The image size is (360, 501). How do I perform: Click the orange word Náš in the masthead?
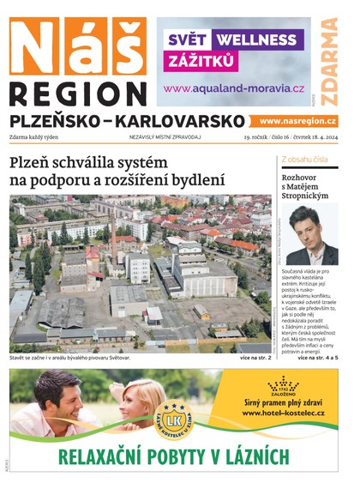pos(77,49)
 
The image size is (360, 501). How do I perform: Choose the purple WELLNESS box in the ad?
pos(255,39)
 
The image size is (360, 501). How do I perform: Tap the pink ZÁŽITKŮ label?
pos(201,63)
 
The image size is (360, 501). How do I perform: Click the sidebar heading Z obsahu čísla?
pos(304,160)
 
